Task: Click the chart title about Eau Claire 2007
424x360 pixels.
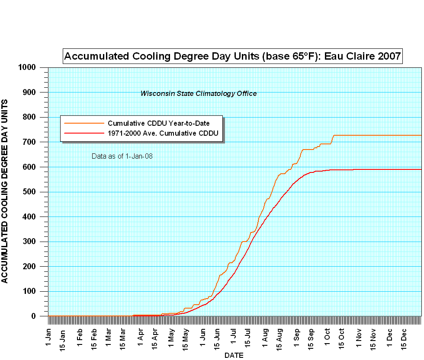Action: [233, 56]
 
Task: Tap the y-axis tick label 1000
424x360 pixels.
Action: [29, 67]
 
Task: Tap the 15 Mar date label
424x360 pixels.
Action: [123, 339]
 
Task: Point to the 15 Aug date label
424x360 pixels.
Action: [279, 339]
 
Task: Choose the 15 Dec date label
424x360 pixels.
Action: [405, 339]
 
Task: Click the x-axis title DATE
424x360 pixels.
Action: [234, 355]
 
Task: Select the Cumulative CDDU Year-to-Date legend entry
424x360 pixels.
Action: [158, 123]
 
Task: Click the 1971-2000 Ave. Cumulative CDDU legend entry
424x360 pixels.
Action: [163, 133]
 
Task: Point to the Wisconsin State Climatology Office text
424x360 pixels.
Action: [199, 93]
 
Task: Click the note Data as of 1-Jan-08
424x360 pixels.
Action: [122, 156]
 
